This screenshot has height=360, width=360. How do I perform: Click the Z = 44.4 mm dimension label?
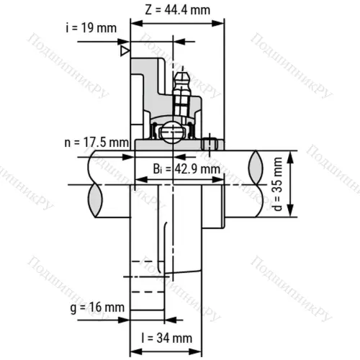176,10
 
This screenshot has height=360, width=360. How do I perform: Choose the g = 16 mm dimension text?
96,307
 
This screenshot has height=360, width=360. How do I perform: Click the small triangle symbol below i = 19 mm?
125,51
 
